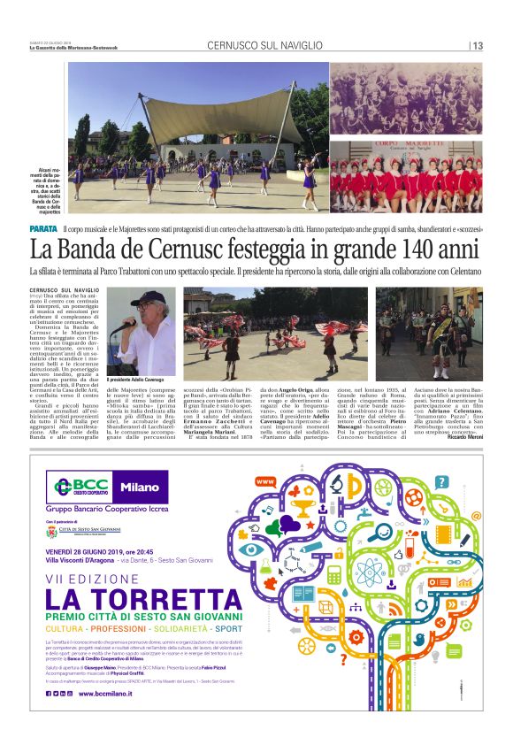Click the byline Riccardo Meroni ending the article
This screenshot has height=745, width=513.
[461, 437]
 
